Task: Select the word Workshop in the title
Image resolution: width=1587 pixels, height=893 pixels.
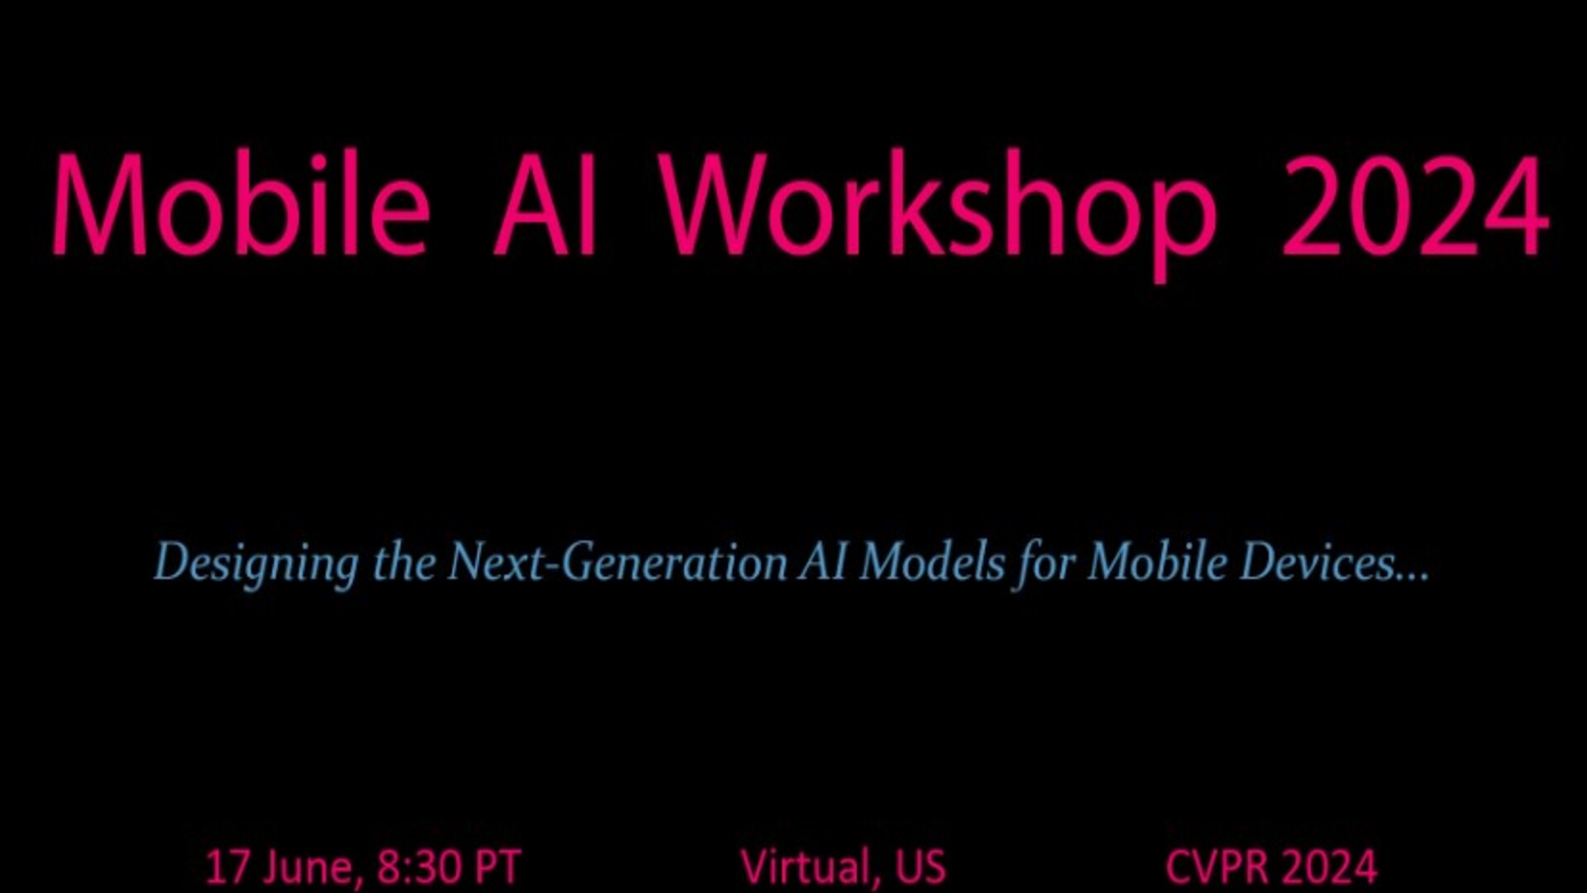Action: [x=941, y=214]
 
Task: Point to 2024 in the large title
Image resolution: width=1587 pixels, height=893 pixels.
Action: [x=1414, y=206]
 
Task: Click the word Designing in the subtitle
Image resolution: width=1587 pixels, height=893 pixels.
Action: [x=256, y=564]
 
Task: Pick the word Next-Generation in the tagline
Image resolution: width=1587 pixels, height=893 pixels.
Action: [x=617, y=562]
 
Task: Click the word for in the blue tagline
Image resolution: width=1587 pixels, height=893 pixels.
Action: [x=1045, y=564]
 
